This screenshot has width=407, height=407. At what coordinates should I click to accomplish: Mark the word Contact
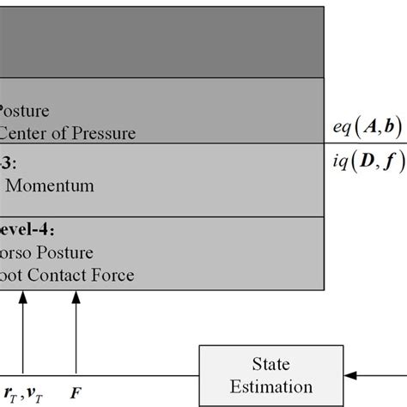(x=59, y=276)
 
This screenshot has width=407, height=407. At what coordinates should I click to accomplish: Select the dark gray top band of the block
(x=162, y=43)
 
